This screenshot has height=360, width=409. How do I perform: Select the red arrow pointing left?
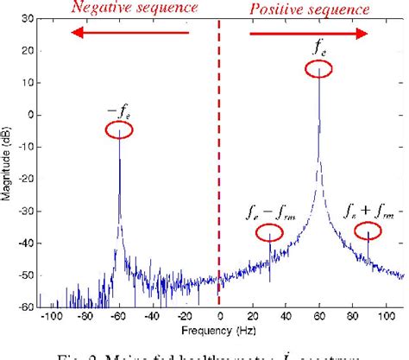point(129,33)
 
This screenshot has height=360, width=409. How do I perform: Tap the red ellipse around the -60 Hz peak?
point(120,129)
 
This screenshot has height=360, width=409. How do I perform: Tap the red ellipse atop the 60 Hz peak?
point(318,64)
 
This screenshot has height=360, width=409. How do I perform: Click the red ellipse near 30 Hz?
point(270,232)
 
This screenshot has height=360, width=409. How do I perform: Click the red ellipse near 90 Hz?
point(368,230)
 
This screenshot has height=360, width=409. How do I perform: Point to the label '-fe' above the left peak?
point(120,110)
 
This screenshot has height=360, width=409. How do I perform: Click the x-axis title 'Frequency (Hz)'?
point(219,332)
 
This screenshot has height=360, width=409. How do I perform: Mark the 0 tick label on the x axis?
point(219,317)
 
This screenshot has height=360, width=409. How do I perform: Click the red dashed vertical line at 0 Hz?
point(219,173)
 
